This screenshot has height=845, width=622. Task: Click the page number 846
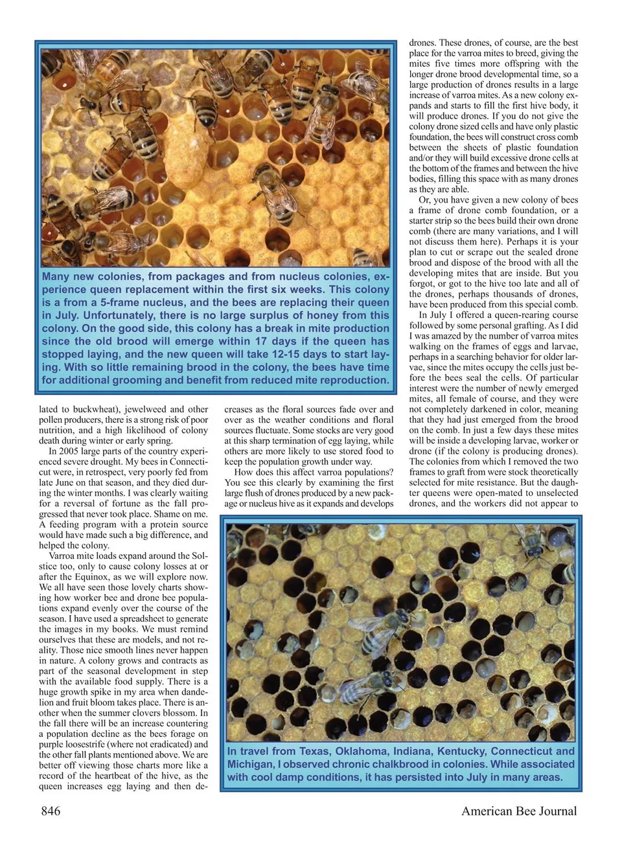[x=51, y=811]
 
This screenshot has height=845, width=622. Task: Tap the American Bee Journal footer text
[x=518, y=811]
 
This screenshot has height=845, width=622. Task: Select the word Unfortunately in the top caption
[x=117, y=315]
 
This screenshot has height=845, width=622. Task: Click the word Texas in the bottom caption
[x=314, y=751]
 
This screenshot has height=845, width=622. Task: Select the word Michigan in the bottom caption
[x=250, y=764]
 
